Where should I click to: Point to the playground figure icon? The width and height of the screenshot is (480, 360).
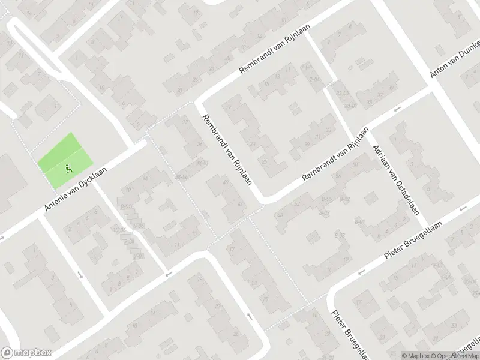tap(68, 169)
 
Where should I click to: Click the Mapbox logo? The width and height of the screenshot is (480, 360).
tap(26, 353)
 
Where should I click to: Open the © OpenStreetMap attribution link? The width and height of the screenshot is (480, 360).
tap(454, 355)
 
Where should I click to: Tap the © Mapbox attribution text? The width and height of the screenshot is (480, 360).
tap(415, 355)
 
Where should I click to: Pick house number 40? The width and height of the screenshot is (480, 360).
tap(226, 182)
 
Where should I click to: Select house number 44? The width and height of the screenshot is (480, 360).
tap(241, 205)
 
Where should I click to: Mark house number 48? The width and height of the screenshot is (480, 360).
tap(280, 215)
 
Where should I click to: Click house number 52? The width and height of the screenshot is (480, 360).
tap(298, 204)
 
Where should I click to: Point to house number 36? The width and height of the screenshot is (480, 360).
tap(199, 144)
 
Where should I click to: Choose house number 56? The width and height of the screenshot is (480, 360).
tap(338, 176)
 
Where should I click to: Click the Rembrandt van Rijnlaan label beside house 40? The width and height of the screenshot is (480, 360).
tap(227, 150)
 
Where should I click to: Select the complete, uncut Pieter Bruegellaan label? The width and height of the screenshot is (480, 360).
tap(414, 248)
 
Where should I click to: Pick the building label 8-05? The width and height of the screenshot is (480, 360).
tap(327, 199)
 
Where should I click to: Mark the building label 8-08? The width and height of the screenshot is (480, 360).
tap(340, 236)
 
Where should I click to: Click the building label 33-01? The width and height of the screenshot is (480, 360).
tap(350, 106)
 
